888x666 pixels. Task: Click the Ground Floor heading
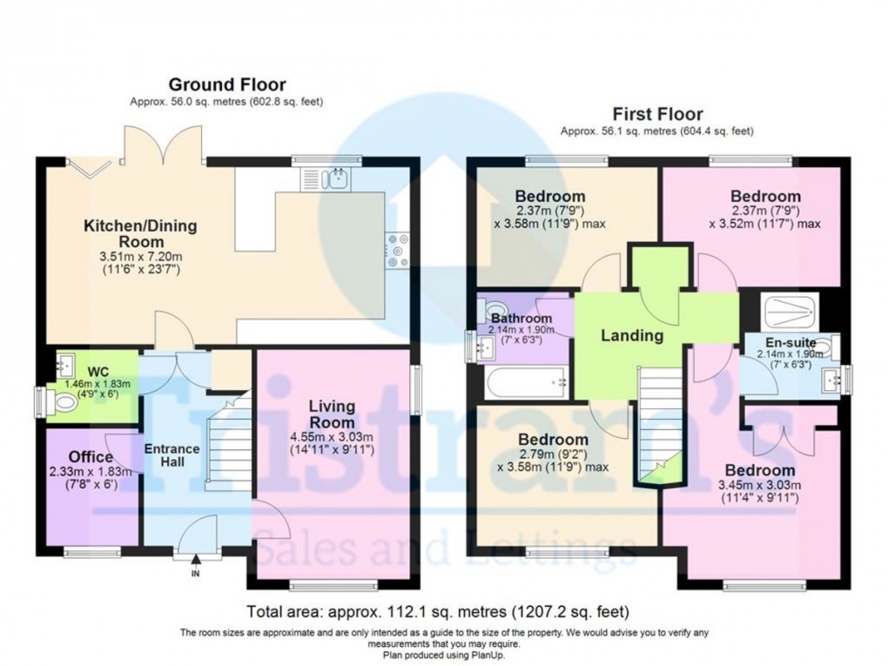(x=227, y=84)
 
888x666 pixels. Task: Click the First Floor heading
(x=657, y=113)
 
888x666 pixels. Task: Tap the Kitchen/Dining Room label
(x=140, y=233)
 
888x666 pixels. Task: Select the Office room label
(x=91, y=457)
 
